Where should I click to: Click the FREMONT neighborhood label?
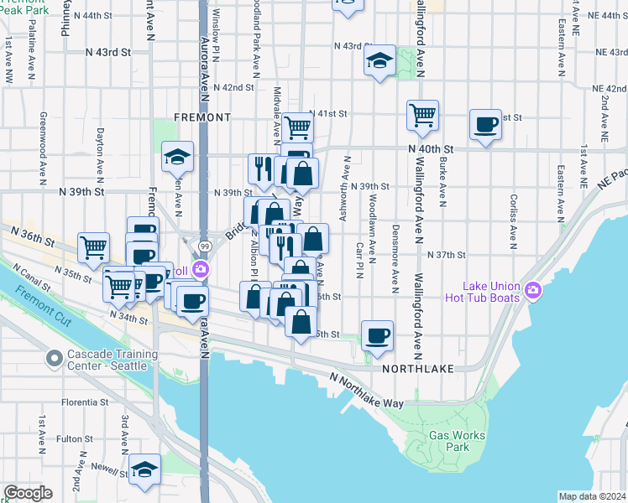coord(201,117)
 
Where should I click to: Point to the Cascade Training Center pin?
coord(55,360)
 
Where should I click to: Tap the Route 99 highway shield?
coord(204,246)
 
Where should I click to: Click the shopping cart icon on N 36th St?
coord(93,246)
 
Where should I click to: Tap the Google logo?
coord(28,494)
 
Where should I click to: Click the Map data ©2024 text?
coord(591,496)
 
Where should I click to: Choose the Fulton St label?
coord(75,438)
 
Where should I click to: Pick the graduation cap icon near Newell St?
coord(145,470)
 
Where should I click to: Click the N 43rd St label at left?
coord(109,52)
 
